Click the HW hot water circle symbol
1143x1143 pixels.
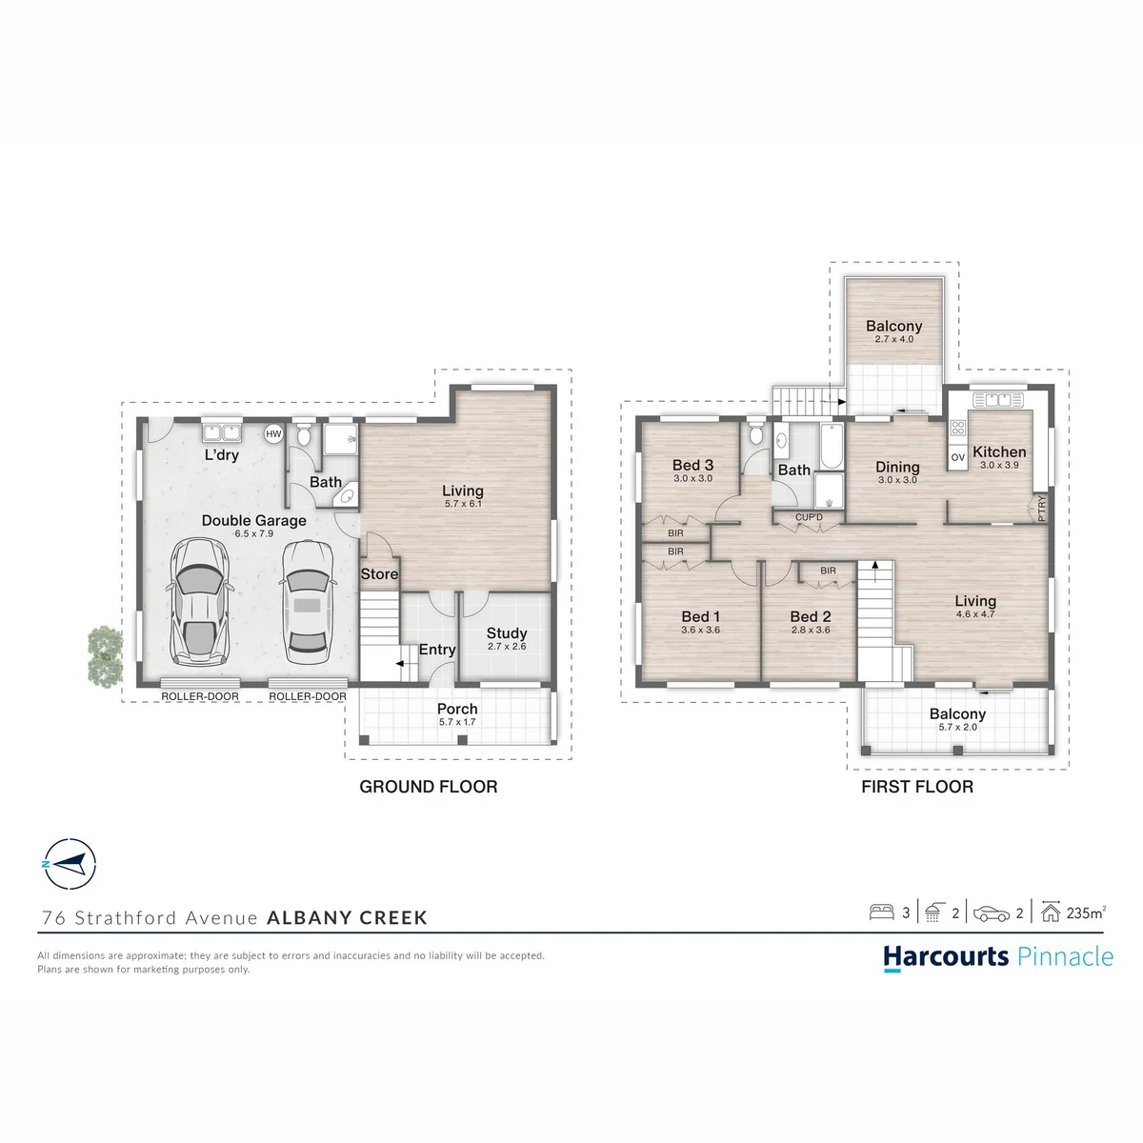point(273,434)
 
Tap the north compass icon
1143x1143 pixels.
point(70,864)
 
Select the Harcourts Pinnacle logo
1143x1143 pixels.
point(997,957)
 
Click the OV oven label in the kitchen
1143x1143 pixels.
point(958,457)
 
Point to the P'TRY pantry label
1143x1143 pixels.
point(1042,509)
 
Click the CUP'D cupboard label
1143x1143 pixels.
point(809,517)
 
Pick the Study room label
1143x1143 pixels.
point(507,632)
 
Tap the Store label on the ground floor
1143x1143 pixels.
point(379,573)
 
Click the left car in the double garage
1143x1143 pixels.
point(199,602)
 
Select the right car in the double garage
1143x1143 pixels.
point(307,601)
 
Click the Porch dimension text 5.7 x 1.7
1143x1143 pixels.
point(457,722)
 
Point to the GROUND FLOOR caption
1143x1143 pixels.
point(429,787)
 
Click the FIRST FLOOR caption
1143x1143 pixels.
point(917,787)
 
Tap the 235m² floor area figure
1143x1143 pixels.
point(1086,912)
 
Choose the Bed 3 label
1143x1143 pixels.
point(692,465)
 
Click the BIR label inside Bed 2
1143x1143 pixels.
point(828,571)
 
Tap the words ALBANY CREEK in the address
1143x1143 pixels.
point(347,917)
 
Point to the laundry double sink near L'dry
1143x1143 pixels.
point(222,432)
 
